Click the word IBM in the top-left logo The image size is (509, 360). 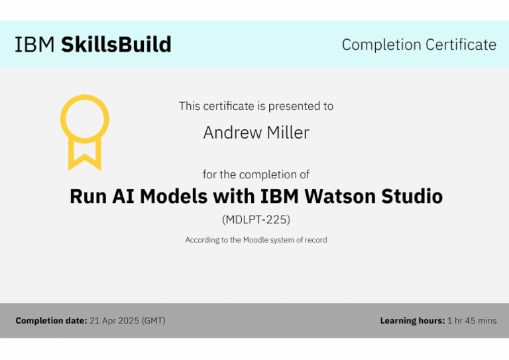coord(35,44)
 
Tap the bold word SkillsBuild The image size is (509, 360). coord(116,44)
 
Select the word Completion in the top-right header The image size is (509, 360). coord(381,45)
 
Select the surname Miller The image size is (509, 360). coord(286,133)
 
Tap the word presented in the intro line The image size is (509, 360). coord(294,106)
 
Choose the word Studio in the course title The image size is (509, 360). coord(412,197)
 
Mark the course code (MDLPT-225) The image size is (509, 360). coord(256,219)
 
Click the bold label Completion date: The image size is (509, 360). coord(51,321)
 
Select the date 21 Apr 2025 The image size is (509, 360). coord(114,321)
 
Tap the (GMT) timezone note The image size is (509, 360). coord(154,321)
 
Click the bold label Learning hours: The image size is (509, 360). coord(412,321)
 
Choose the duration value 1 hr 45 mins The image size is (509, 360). coord(472,321)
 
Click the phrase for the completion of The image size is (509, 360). coord(256,175)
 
